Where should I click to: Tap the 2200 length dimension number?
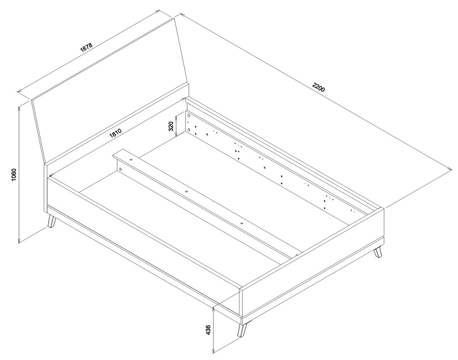(x=318, y=87)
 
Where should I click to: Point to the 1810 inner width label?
(x=115, y=133)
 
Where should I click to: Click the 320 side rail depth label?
(x=171, y=125)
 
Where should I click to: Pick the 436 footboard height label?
(x=208, y=330)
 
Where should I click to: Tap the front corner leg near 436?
(x=242, y=330)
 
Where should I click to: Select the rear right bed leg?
(x=378, y=252)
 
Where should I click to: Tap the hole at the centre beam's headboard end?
(x=131, y=159)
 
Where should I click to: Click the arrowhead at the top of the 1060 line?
(x=19, y=108)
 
